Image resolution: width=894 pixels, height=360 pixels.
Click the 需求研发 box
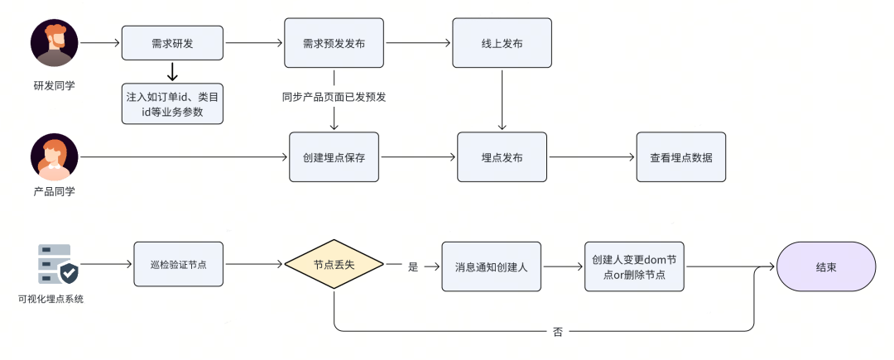(173, 42)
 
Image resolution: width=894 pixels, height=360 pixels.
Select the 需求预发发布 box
(334, 42)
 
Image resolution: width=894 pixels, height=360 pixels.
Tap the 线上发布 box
(502, 42)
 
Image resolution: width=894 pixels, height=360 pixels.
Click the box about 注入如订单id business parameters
(173, 103)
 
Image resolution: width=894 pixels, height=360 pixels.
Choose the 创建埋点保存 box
(334, 157)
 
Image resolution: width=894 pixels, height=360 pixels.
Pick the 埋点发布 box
(502, 157)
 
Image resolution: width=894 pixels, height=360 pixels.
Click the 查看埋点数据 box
(680, 157)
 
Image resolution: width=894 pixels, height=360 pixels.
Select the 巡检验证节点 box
(179, 265)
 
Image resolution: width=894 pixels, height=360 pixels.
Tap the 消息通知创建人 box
(491, 266)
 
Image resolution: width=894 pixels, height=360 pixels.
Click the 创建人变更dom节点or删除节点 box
(635, 266)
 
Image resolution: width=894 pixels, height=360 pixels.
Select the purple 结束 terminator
(825, 266)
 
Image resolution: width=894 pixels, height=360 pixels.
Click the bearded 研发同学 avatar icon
(55, 43)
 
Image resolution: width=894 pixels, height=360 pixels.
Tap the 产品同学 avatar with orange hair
(55, 157)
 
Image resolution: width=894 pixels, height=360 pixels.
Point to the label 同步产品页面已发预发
(334, 97)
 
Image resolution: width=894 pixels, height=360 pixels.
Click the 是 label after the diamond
(413, 267)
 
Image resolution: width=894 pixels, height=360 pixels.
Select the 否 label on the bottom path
(557, 332)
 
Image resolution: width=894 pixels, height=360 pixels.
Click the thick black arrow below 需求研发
(173, 72)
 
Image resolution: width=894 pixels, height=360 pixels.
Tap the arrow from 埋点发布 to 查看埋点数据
(591, 157)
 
